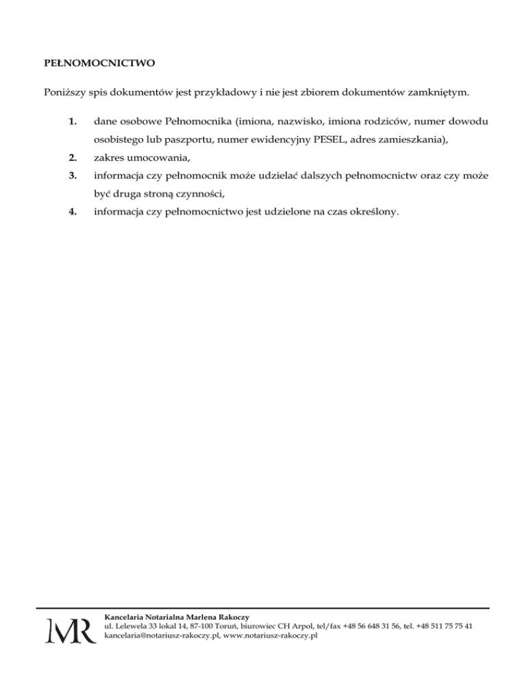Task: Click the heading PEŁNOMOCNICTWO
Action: pyautogui.click(x=95, y=64)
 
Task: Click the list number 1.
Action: pyautogui.click(x=72, y=122)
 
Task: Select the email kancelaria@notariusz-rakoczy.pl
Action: pyautogui.click(x=160, y=636)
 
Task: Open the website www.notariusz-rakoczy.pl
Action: pyautogui.click(x=270, y=636)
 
